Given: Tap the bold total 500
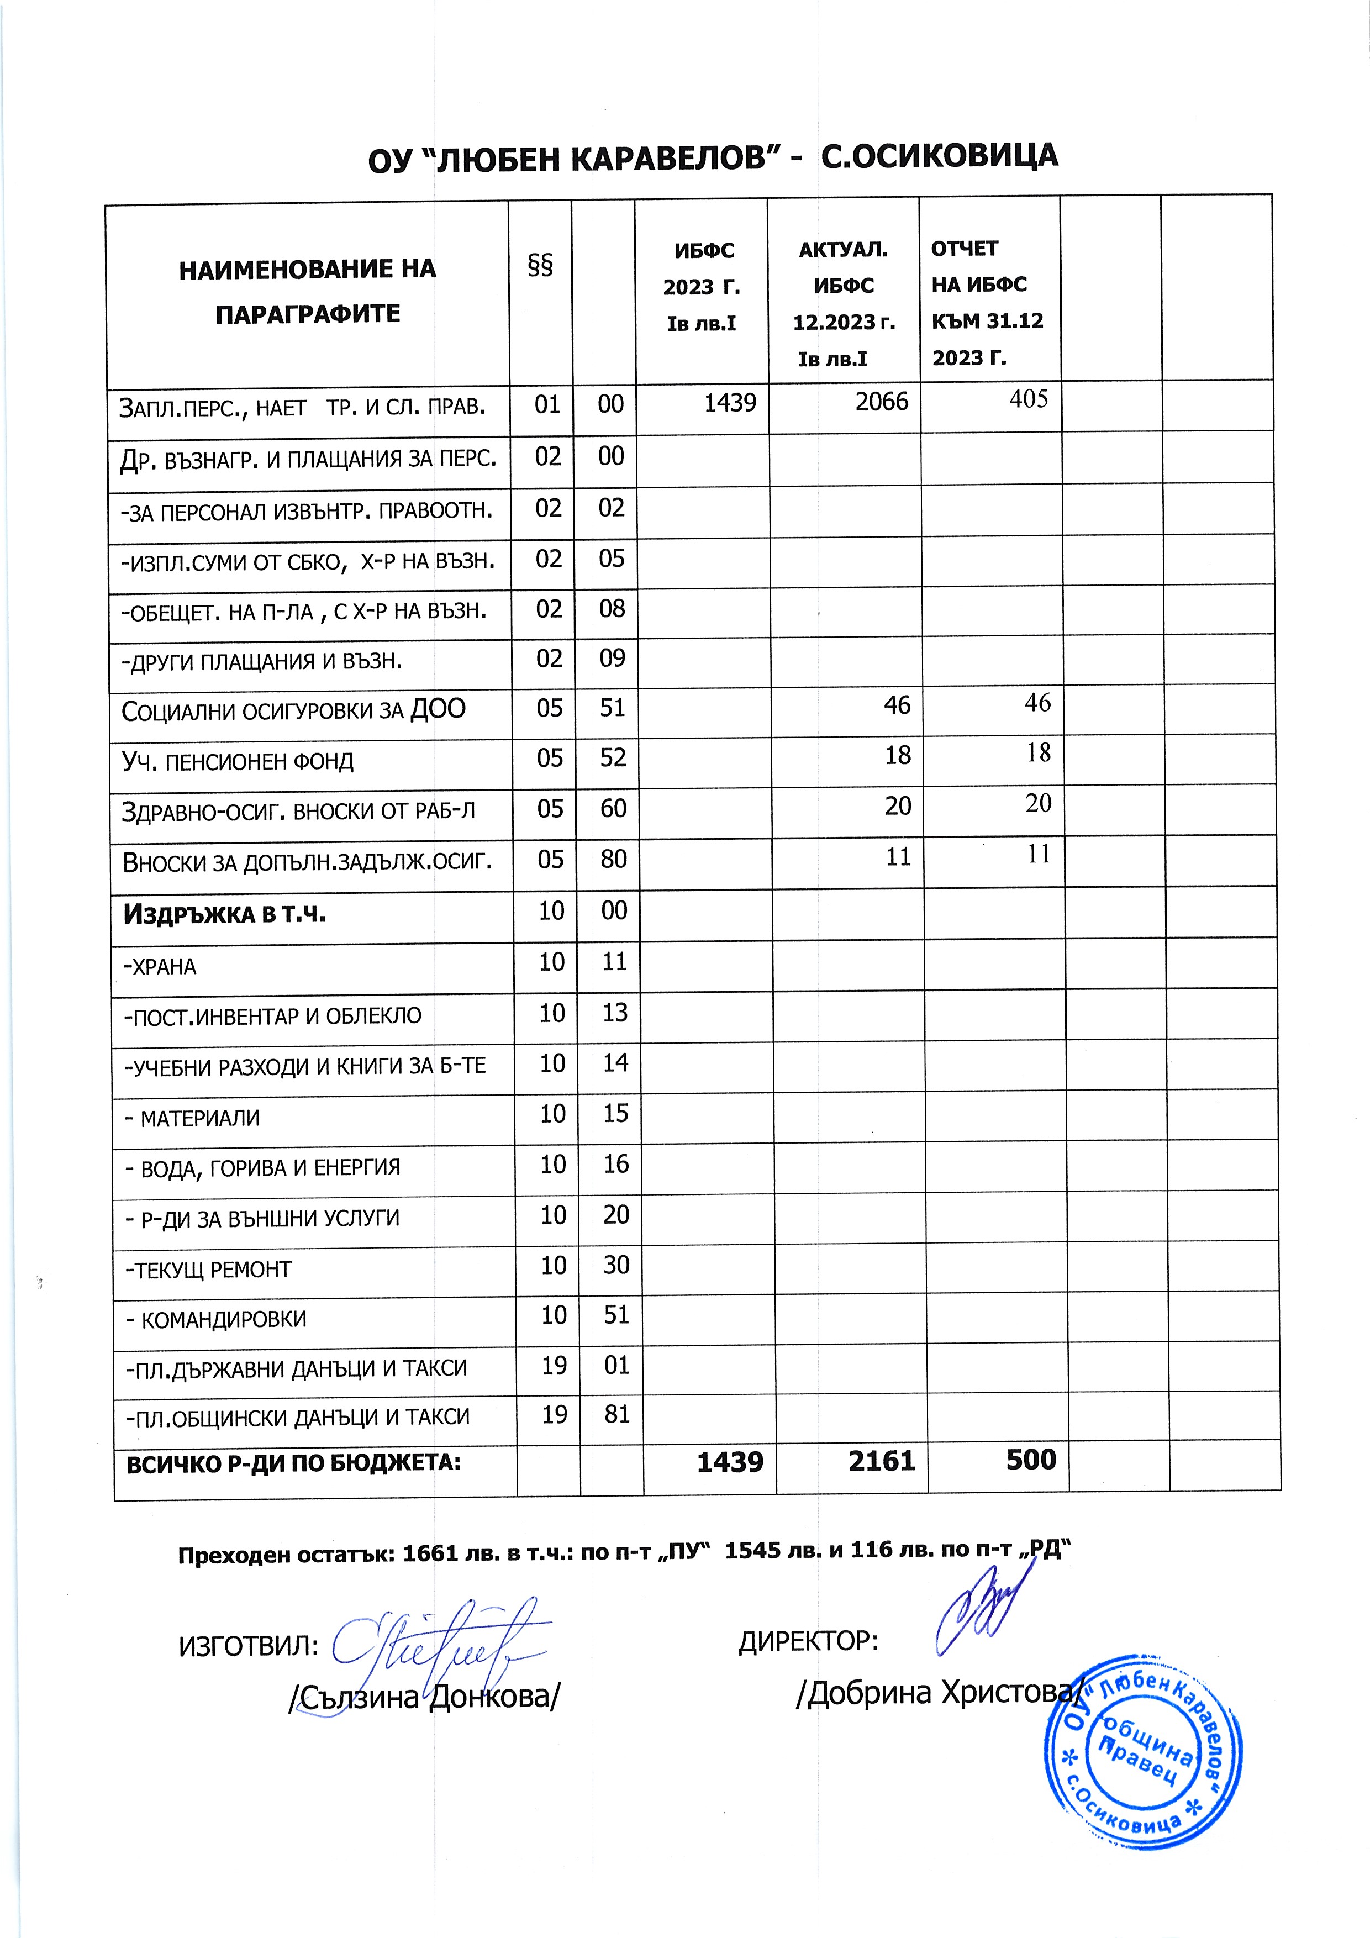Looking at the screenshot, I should (x=1031, y=1460).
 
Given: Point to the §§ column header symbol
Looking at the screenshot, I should (x=540, y=266).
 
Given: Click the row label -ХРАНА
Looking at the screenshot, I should (x=160, y=966).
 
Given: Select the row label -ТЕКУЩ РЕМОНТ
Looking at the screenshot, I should (x=208, y=1270).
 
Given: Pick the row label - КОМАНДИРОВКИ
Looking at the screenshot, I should (x=216, y=1319).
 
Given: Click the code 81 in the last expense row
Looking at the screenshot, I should (x=617, y=1414).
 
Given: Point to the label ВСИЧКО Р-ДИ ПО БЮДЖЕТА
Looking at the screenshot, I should (x=294, y=1463).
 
